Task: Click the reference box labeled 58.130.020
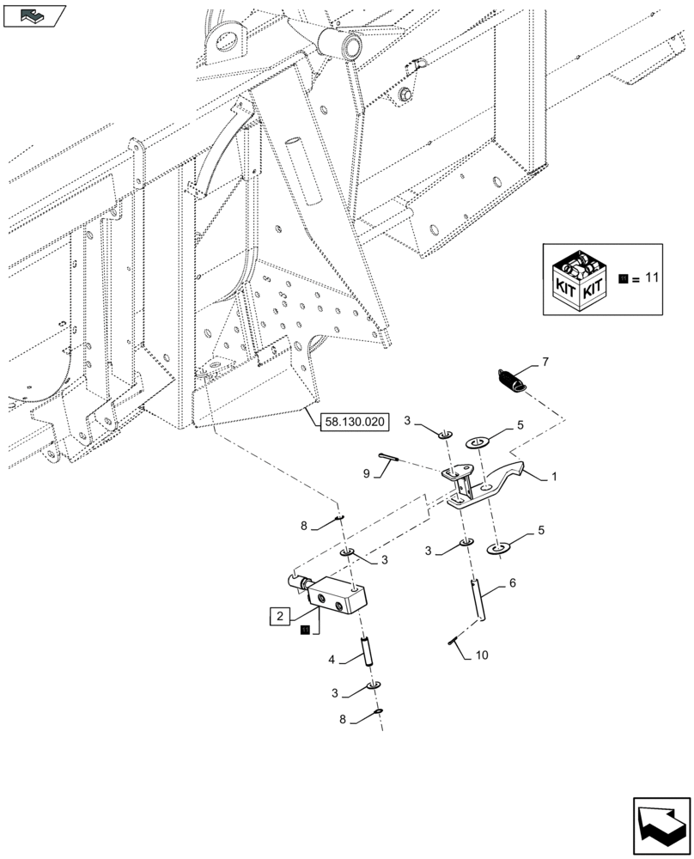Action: point(354,422)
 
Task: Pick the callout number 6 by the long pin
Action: point(512,582)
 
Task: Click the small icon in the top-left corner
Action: point(34,15)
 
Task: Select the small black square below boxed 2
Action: point(304,631)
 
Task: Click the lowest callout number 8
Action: point(344,722)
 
